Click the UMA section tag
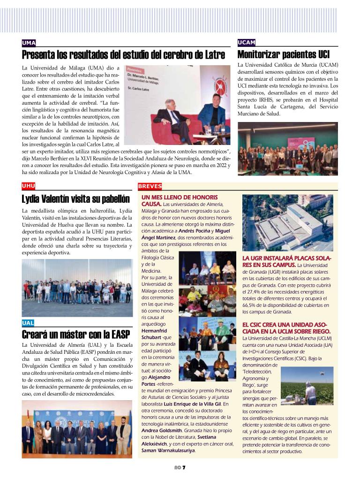(x=29, y=43)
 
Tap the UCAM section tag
(x=247, y=43)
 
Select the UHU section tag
(x=29, y=186)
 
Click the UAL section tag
(x=28, y=323)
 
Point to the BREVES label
(x=150, y=186)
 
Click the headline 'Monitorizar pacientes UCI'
(x=283, y=54)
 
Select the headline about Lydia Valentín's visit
(x=75, y=198)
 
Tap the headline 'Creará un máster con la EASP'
(x=75, y=335)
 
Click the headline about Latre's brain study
(x=123, y=55)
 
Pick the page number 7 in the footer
(x=184, y=467)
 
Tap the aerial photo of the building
(x=287, y=223)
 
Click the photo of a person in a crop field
(x=307, y=386)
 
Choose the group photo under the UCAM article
(x=287, y=149)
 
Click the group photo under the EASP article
(x=77, y=429)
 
